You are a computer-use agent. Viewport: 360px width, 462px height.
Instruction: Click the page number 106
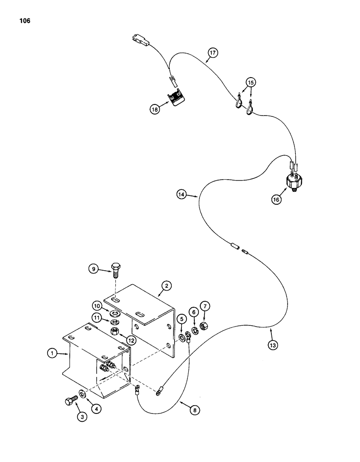(24, 21)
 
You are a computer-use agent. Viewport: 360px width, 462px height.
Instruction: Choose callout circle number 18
(154, 109)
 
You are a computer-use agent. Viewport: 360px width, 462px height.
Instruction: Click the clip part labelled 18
(175, 99)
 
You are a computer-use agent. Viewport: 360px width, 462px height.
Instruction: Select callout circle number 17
(212, 53)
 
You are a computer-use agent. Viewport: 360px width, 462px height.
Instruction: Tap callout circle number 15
(251, 83)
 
